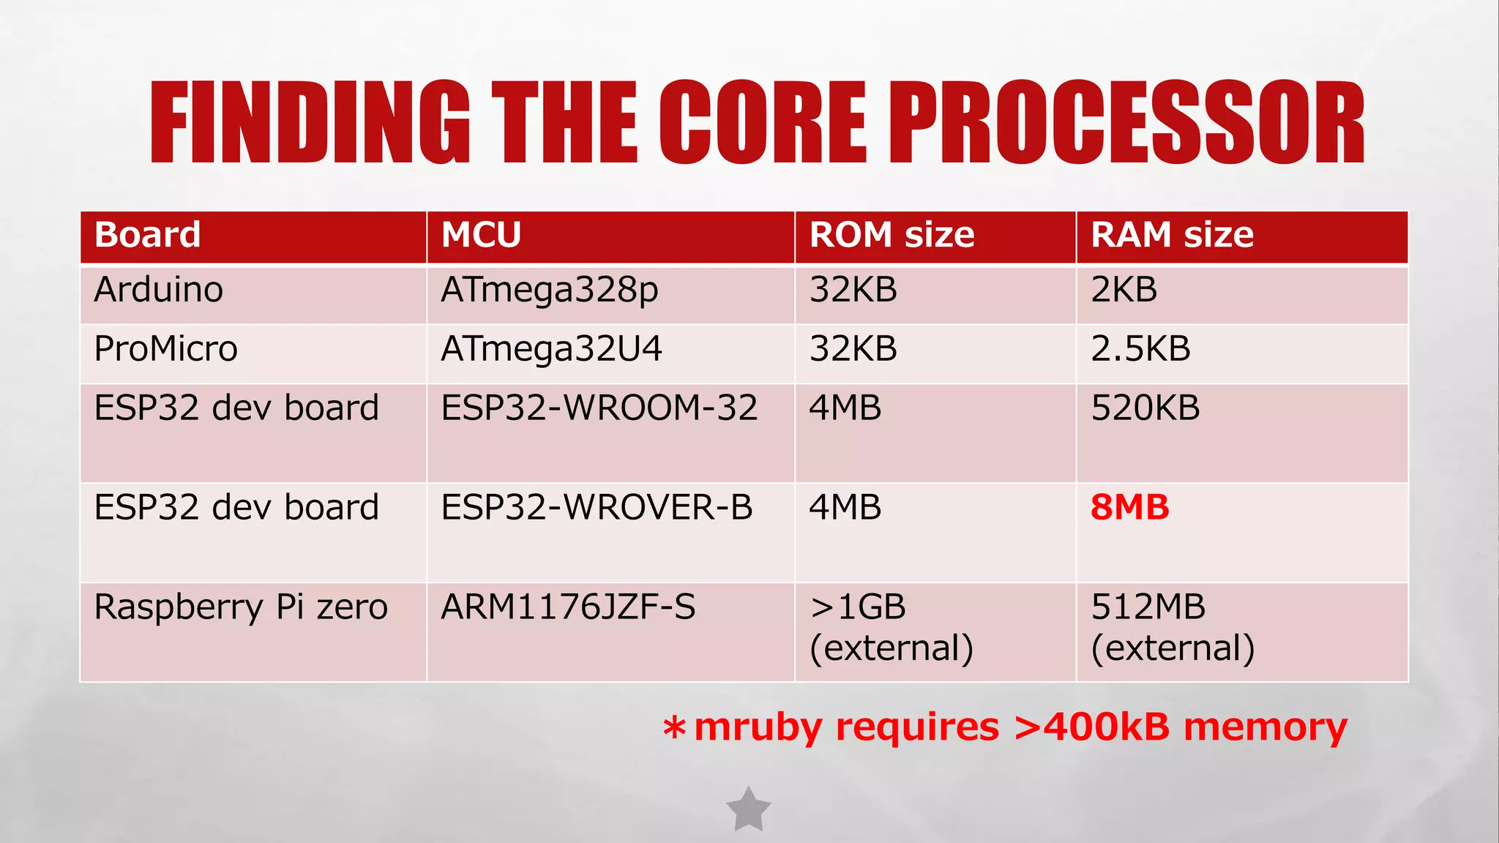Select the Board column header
(147, 235)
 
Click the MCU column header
(481, 235)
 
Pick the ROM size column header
(891, 235)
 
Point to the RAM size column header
(1172, 235)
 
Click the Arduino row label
(158, 290)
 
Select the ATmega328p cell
(549, 291)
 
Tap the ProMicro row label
(166, 349)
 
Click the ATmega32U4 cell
(551, 349)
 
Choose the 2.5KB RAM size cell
(1140, 349)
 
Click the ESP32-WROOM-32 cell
(599, 408)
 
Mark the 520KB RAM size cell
(1145, 408)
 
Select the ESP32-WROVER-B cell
(597, 508)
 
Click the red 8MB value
(1129, 508)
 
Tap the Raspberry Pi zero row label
(241, 607)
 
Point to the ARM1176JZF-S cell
(568, 607)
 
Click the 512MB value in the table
(1148, 607)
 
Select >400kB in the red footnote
(1091, 727)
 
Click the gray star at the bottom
(748, 810)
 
